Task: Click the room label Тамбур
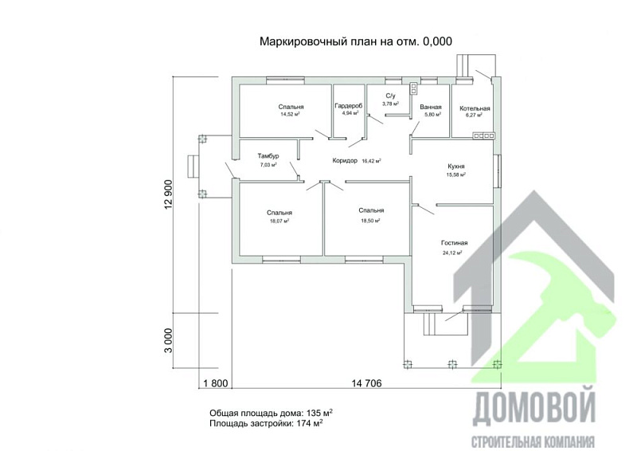click(269, 155)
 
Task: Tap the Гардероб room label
click(349, 105)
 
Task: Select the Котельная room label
click(475, 108)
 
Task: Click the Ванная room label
click(432, 107)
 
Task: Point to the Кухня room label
click(456, 167)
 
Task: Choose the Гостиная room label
click(454, 243)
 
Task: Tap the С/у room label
click(391, 96)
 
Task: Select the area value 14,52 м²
click(290, 115)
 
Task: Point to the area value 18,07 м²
click(279, 222)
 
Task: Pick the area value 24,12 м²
click(452, 253)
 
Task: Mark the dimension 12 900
click(169, 194)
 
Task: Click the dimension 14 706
click(366, 383)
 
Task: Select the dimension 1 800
click(217, 383)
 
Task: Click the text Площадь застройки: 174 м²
click(266, 424)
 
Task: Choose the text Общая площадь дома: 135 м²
click(271, 413)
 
